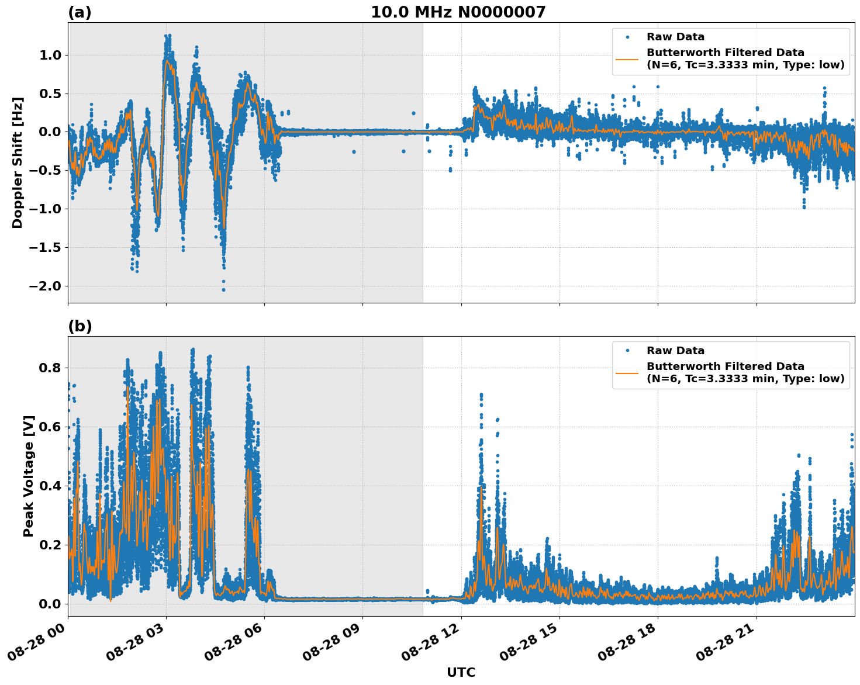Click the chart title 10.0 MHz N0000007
pyautogui.click(x=458, y=12)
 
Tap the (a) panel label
pyautogui.click(x=80, y=12)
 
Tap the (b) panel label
pyautogui.click(x=80, y=326)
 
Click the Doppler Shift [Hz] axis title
pyautogui.click(x=18, y=162)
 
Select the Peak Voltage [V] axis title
pyautogui.click(x=29, y=476)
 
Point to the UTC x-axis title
pyautogui.click(x=461, y=672)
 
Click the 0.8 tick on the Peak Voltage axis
pyautogui.click(x=49, y=368)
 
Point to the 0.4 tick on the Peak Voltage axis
pyautogui.click(x=49, y=486)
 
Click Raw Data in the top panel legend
pyautogui.click(x=675, y=37)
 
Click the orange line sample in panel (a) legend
pyautogui.click(x=627, y=58)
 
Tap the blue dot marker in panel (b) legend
pyautogui.click(x=627, y=351)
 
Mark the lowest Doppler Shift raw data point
pyautogui.click(x=223, y=290)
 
